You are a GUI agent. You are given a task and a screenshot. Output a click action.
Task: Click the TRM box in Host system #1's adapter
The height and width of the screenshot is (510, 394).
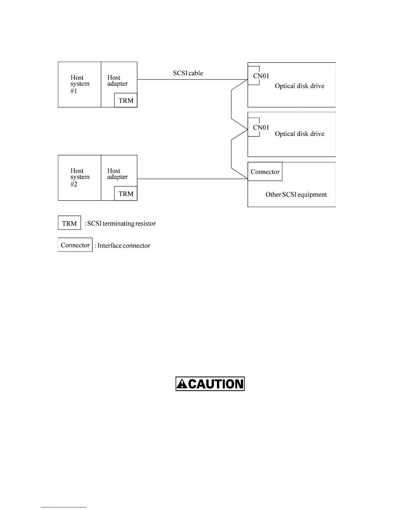pyautogui.click(x=126, y=100)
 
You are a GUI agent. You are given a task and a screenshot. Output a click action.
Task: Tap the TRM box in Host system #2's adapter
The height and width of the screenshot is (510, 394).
pyautogui.click(x=126, y=194)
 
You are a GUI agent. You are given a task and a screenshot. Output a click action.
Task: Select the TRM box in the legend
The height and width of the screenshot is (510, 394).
pyautogui.click(x=69, y=223)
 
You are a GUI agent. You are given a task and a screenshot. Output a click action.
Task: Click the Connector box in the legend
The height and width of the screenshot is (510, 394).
pyautogui.click(x=75, y=245)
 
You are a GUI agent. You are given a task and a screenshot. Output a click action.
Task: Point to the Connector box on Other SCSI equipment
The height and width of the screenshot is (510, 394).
pyautogui.click(x=265, y=172)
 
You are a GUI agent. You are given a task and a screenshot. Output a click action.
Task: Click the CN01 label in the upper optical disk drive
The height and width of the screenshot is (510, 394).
pyautogui.click(x=261, y=76)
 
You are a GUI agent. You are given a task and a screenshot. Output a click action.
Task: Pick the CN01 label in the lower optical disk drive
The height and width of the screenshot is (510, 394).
pyautogui.click(x=261, y=127)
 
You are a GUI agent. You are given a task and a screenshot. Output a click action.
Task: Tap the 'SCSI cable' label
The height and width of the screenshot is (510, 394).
pyautogui.click(x=188, y=73)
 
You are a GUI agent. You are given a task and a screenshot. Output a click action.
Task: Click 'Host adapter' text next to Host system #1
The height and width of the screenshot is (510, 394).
pyautogui.click(x=117, y=81)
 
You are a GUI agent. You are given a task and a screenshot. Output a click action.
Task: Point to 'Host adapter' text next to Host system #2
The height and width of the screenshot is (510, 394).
pyautogui.click(x=117, y=174)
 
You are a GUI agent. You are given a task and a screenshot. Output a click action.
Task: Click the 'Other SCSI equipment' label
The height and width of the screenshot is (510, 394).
pyautogui.click(x=296, y=194)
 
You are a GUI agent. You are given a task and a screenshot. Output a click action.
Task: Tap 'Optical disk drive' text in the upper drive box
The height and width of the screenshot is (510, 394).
pyautogui.click(x=299, y=86)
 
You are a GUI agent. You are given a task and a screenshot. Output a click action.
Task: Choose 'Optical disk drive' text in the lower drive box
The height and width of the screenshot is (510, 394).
pyautogui.click(x=299, y=134)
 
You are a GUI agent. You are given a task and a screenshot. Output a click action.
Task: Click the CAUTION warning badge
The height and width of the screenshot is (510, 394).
pyautogui.click(x=210, y=384)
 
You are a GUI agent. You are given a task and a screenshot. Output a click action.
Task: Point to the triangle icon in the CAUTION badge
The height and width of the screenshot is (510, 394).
pyautogui.click(x=182, y=384)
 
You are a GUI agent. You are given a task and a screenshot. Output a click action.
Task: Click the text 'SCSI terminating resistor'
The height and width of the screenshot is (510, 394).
pyautogui.click(x=121, y=223)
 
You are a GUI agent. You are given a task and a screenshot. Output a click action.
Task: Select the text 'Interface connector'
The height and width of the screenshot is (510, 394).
pyautogui.click(x=124, y=246)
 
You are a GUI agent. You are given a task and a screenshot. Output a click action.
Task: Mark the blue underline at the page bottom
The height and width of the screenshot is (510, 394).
pyautogui.click(x=64, y=507)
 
